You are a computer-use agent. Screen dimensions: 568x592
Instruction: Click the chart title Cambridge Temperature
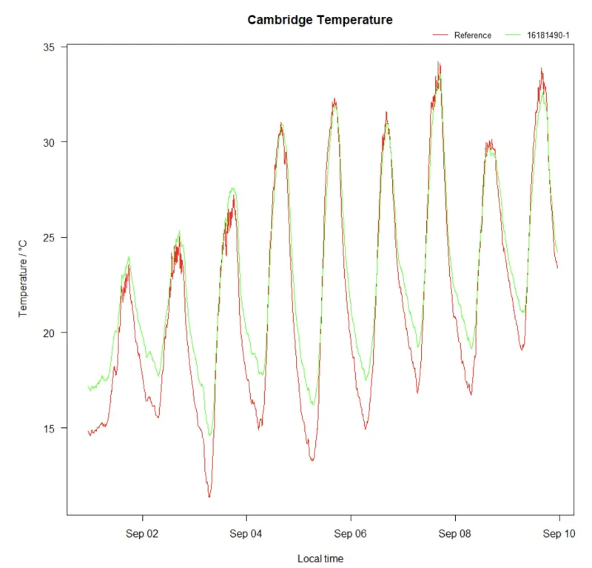click(x=320, y=20)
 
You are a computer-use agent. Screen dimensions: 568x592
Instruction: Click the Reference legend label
click(x=472, y=36)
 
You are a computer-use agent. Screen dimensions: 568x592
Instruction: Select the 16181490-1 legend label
click(x=548, y=36)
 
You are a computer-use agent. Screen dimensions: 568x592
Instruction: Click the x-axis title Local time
click(x=320, y=558)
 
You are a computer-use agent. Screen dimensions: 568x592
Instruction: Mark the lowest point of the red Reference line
click(x=209, y=496)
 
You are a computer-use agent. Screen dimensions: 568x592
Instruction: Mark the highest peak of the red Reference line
click(x=438, y=63)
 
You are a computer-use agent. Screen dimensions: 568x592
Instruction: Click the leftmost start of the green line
click(x=88, y=387)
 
